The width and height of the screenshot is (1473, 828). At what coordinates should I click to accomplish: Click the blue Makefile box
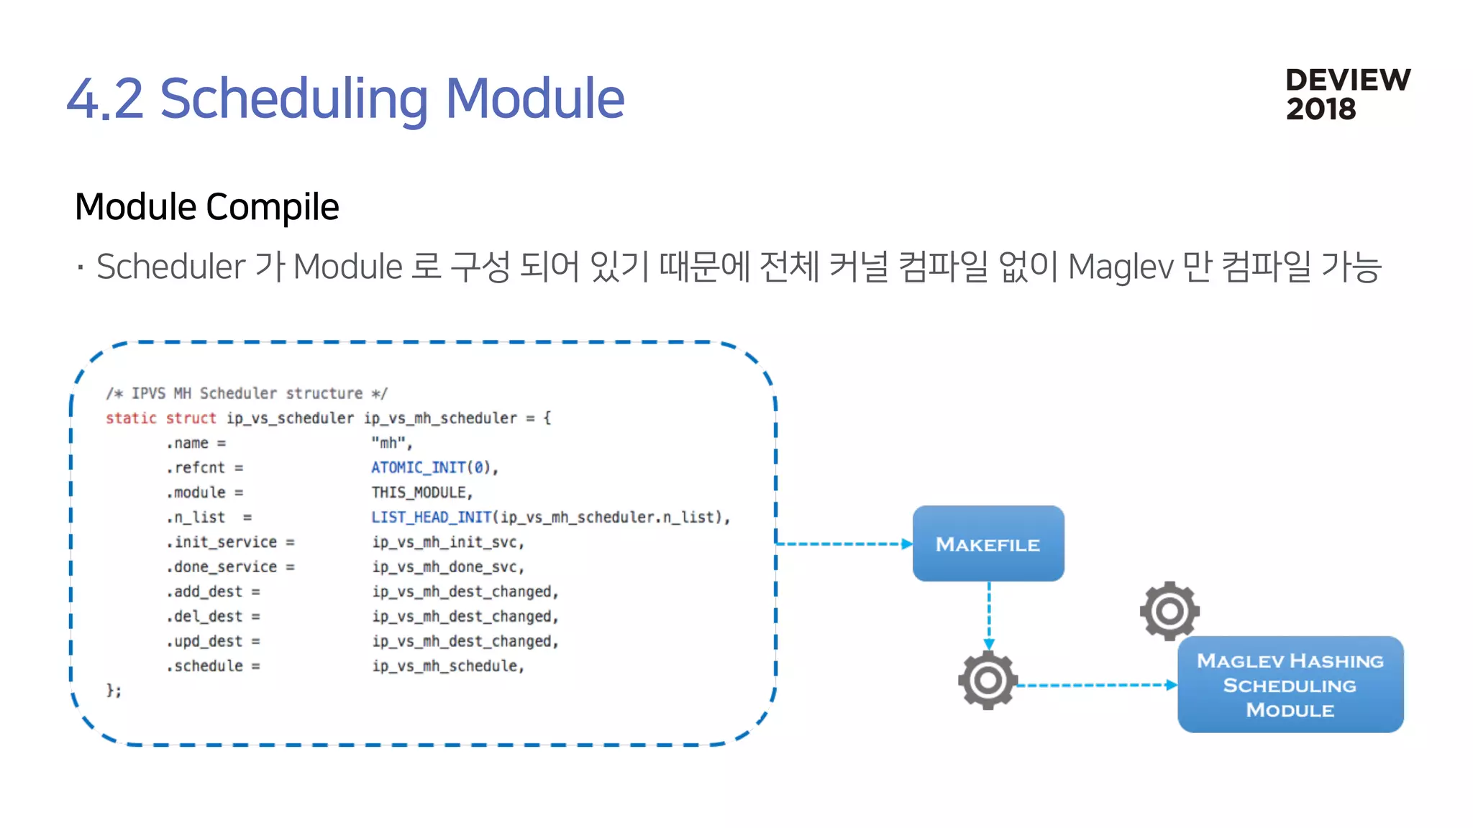(988, 543)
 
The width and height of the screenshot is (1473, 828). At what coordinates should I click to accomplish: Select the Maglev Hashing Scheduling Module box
(1290, 684)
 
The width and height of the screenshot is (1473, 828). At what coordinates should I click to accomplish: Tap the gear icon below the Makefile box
(988, 680)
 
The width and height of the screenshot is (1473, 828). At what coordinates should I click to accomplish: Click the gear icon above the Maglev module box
(1169, 611)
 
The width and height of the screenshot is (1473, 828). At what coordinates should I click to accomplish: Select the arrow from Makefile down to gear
(989, 615)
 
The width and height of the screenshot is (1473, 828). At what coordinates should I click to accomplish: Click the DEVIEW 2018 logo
(1347, 94)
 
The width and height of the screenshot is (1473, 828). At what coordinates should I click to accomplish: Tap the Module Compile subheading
(206, 207)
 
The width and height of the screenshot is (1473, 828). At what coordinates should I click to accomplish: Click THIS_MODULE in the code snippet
(421, 492)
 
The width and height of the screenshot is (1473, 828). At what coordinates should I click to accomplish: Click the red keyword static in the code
(131, 418)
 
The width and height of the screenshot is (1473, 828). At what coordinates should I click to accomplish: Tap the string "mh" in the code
(391, 443)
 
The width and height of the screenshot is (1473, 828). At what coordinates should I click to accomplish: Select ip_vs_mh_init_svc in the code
(447, 542)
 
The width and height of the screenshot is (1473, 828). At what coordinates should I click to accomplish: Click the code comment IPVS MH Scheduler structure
(246, 393)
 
